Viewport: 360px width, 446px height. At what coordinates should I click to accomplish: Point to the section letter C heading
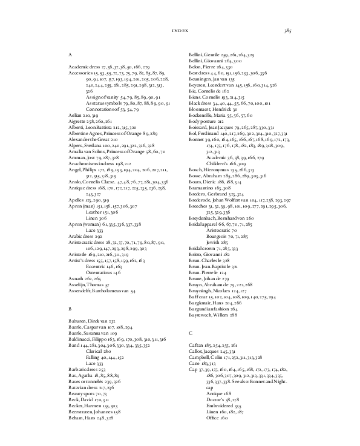(x=190, y=333)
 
